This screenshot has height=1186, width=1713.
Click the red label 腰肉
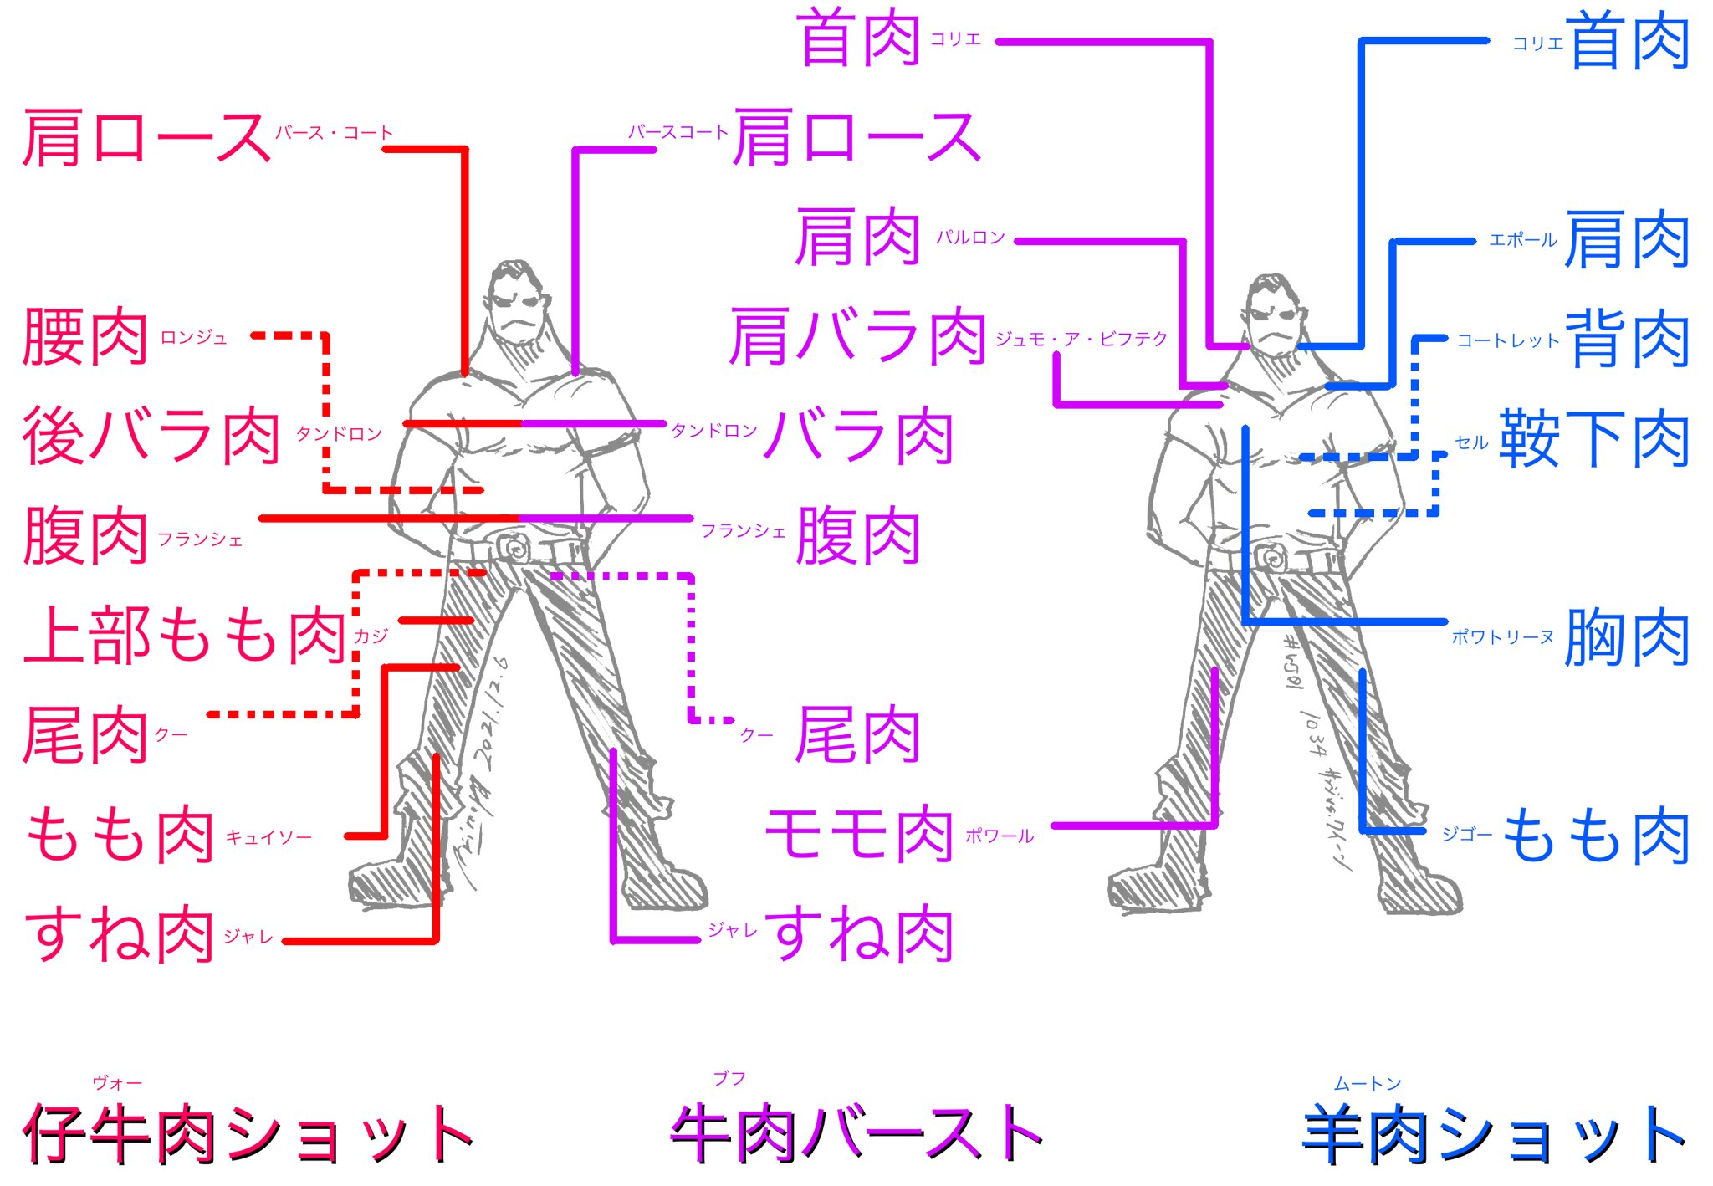click(85, 337)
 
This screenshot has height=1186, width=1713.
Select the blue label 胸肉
click(1627, 638)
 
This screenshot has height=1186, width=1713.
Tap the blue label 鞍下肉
click(1594, 439)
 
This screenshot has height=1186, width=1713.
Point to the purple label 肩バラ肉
click(857, 337)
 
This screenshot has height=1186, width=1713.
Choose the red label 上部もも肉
click(185, 636)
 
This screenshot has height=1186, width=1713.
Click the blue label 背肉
click(1627, 339)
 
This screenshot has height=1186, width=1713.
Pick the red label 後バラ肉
click(151, 437)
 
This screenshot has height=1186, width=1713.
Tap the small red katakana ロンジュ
click(193, 338)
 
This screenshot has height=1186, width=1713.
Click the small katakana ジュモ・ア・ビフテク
click(1081, 339)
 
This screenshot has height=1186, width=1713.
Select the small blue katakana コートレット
click(1508, 340)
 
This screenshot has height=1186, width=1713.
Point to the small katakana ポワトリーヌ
click(1502, 637)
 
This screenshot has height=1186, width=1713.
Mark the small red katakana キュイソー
click(268, 837)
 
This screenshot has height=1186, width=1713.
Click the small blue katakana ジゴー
click(1466, 834)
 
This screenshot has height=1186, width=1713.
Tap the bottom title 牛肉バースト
click(856, 1134)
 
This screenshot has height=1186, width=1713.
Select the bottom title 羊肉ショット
click(1494, 1135)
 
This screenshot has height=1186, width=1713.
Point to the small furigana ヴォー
click(117, 1083)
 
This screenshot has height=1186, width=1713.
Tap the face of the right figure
click(1272, 317)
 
